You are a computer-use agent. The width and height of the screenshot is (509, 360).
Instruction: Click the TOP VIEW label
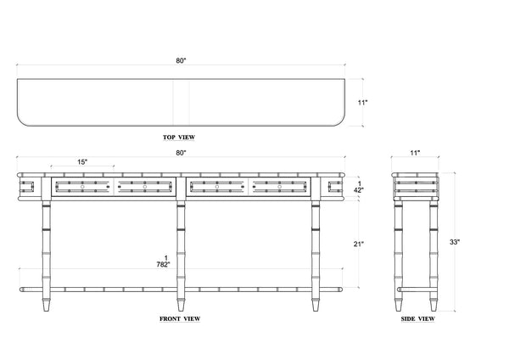(179, 138)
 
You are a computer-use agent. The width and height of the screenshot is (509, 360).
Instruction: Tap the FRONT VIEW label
(180, 319)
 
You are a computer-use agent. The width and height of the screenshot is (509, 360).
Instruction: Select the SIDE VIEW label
(417, 319)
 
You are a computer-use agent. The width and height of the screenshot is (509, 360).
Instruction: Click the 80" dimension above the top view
(182, 61)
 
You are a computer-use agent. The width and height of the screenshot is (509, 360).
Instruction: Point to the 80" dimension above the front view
(182, 153)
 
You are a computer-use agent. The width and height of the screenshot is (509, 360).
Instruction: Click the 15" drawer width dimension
(82, 162)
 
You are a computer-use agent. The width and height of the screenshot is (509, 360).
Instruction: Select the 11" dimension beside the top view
(362, 103)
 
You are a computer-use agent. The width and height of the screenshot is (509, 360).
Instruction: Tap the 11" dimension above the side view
(415, 153)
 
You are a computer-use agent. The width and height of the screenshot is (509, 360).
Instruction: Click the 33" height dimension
(455, 242)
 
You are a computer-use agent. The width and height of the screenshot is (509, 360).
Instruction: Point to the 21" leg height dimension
(359, 244)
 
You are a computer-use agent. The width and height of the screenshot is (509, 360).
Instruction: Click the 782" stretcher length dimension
(163, 264)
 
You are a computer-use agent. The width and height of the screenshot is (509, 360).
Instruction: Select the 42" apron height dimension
(358, 190)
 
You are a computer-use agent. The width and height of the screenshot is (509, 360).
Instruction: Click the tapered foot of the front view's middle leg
(182, 305)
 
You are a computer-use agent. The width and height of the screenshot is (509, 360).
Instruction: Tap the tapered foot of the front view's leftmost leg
(47, 305)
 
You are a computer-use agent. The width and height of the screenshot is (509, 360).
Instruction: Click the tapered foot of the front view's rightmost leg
(316, 305)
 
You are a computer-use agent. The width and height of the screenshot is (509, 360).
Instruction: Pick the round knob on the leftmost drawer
(82, 187)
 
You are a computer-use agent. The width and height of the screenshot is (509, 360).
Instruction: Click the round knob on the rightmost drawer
(279, 187)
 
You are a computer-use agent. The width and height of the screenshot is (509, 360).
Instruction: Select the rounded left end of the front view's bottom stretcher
(21, 290)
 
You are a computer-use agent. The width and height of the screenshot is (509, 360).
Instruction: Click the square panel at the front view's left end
(26, 187)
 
